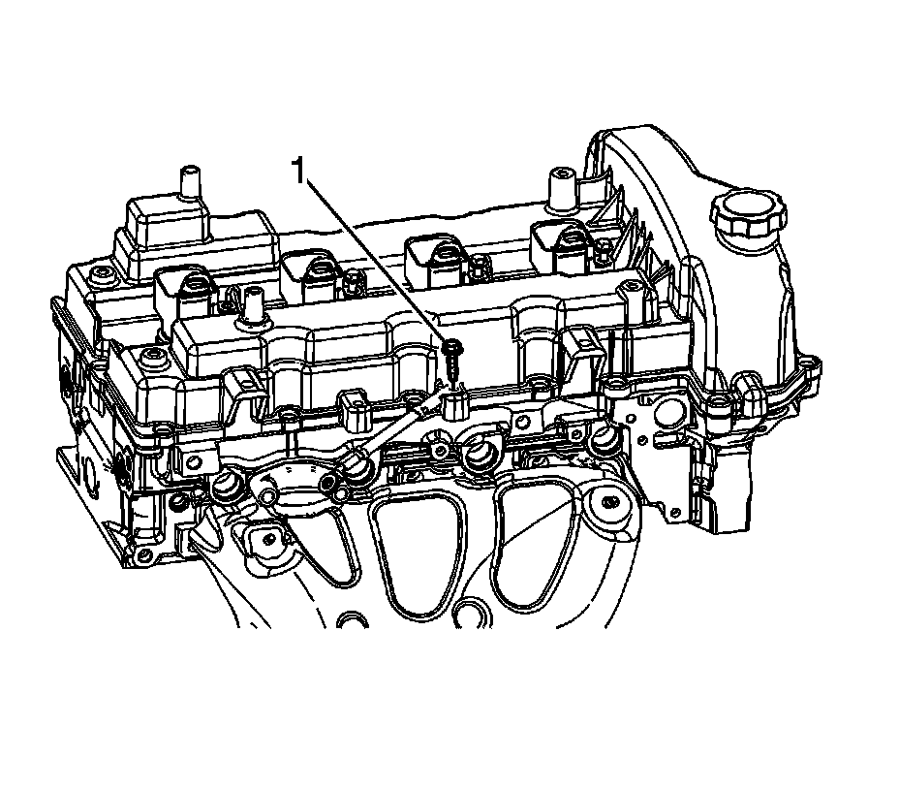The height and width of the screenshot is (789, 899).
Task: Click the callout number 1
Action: [x=298, y=171]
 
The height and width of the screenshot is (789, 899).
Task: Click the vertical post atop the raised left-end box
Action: [x=190, y=182]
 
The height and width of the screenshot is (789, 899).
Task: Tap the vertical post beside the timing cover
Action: [x=560, y=189]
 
